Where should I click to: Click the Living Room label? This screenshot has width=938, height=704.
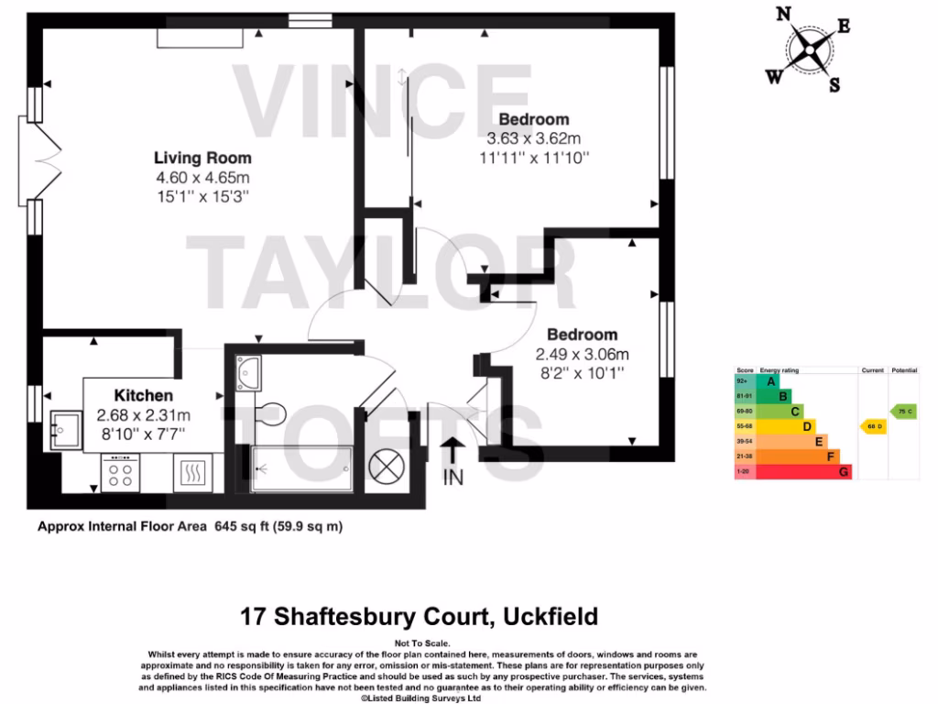pos(202,158)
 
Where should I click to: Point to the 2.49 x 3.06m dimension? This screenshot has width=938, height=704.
pos(583,355)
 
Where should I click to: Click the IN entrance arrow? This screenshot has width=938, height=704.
pos(453,452)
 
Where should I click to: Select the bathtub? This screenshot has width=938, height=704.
pos(301,468)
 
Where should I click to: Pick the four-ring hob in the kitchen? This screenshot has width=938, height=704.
pos(119,473)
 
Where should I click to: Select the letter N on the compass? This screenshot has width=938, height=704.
pos(783,14)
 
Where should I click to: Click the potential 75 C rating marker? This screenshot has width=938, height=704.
pos(904,412)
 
